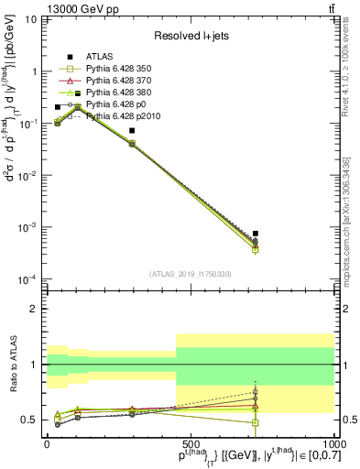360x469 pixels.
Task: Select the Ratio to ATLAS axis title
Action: [x=12, y=365]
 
